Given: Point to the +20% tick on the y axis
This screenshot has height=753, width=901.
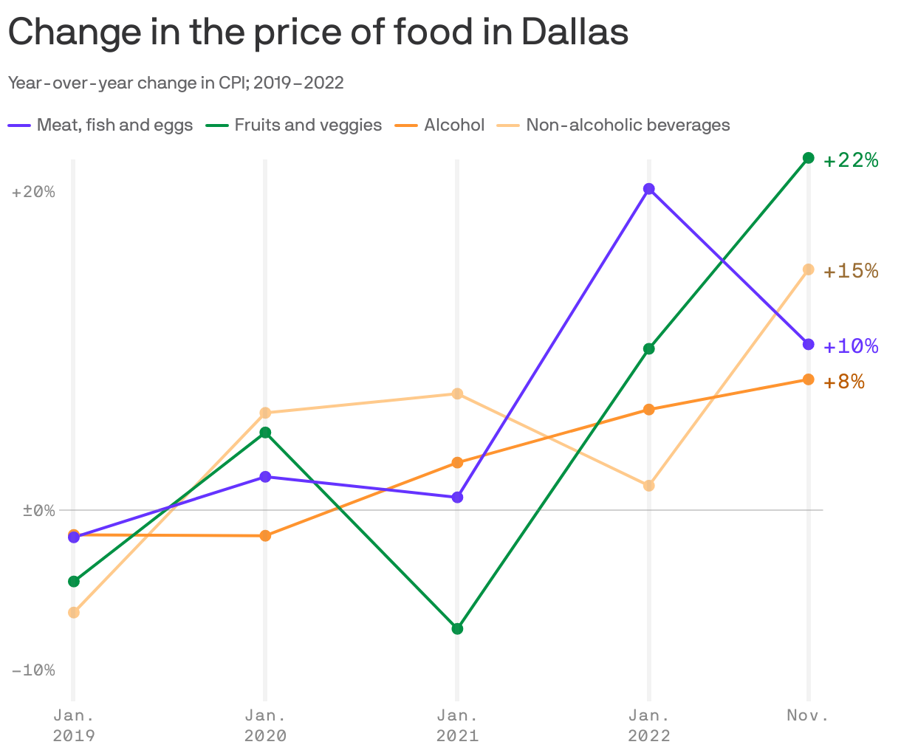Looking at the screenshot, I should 33,192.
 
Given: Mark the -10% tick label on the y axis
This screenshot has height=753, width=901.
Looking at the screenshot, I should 33,670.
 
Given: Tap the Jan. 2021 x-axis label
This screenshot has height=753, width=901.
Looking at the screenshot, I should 457,725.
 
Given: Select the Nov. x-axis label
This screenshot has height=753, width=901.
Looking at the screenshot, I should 808,715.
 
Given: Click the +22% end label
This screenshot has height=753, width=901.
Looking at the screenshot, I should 851,160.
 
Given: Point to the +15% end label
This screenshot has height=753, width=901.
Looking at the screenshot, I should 851,271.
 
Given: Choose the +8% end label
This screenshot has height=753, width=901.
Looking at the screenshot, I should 843,382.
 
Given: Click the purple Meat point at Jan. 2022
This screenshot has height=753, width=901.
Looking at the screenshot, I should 649,189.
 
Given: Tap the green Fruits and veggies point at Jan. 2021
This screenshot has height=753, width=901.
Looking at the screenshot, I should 457,629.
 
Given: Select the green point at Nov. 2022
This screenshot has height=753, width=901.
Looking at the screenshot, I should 809,158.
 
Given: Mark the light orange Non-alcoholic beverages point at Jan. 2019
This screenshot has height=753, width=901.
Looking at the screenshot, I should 73,612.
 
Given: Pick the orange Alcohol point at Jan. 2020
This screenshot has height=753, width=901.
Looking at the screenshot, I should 265,535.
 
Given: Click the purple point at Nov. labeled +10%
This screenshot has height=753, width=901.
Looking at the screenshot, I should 809,344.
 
